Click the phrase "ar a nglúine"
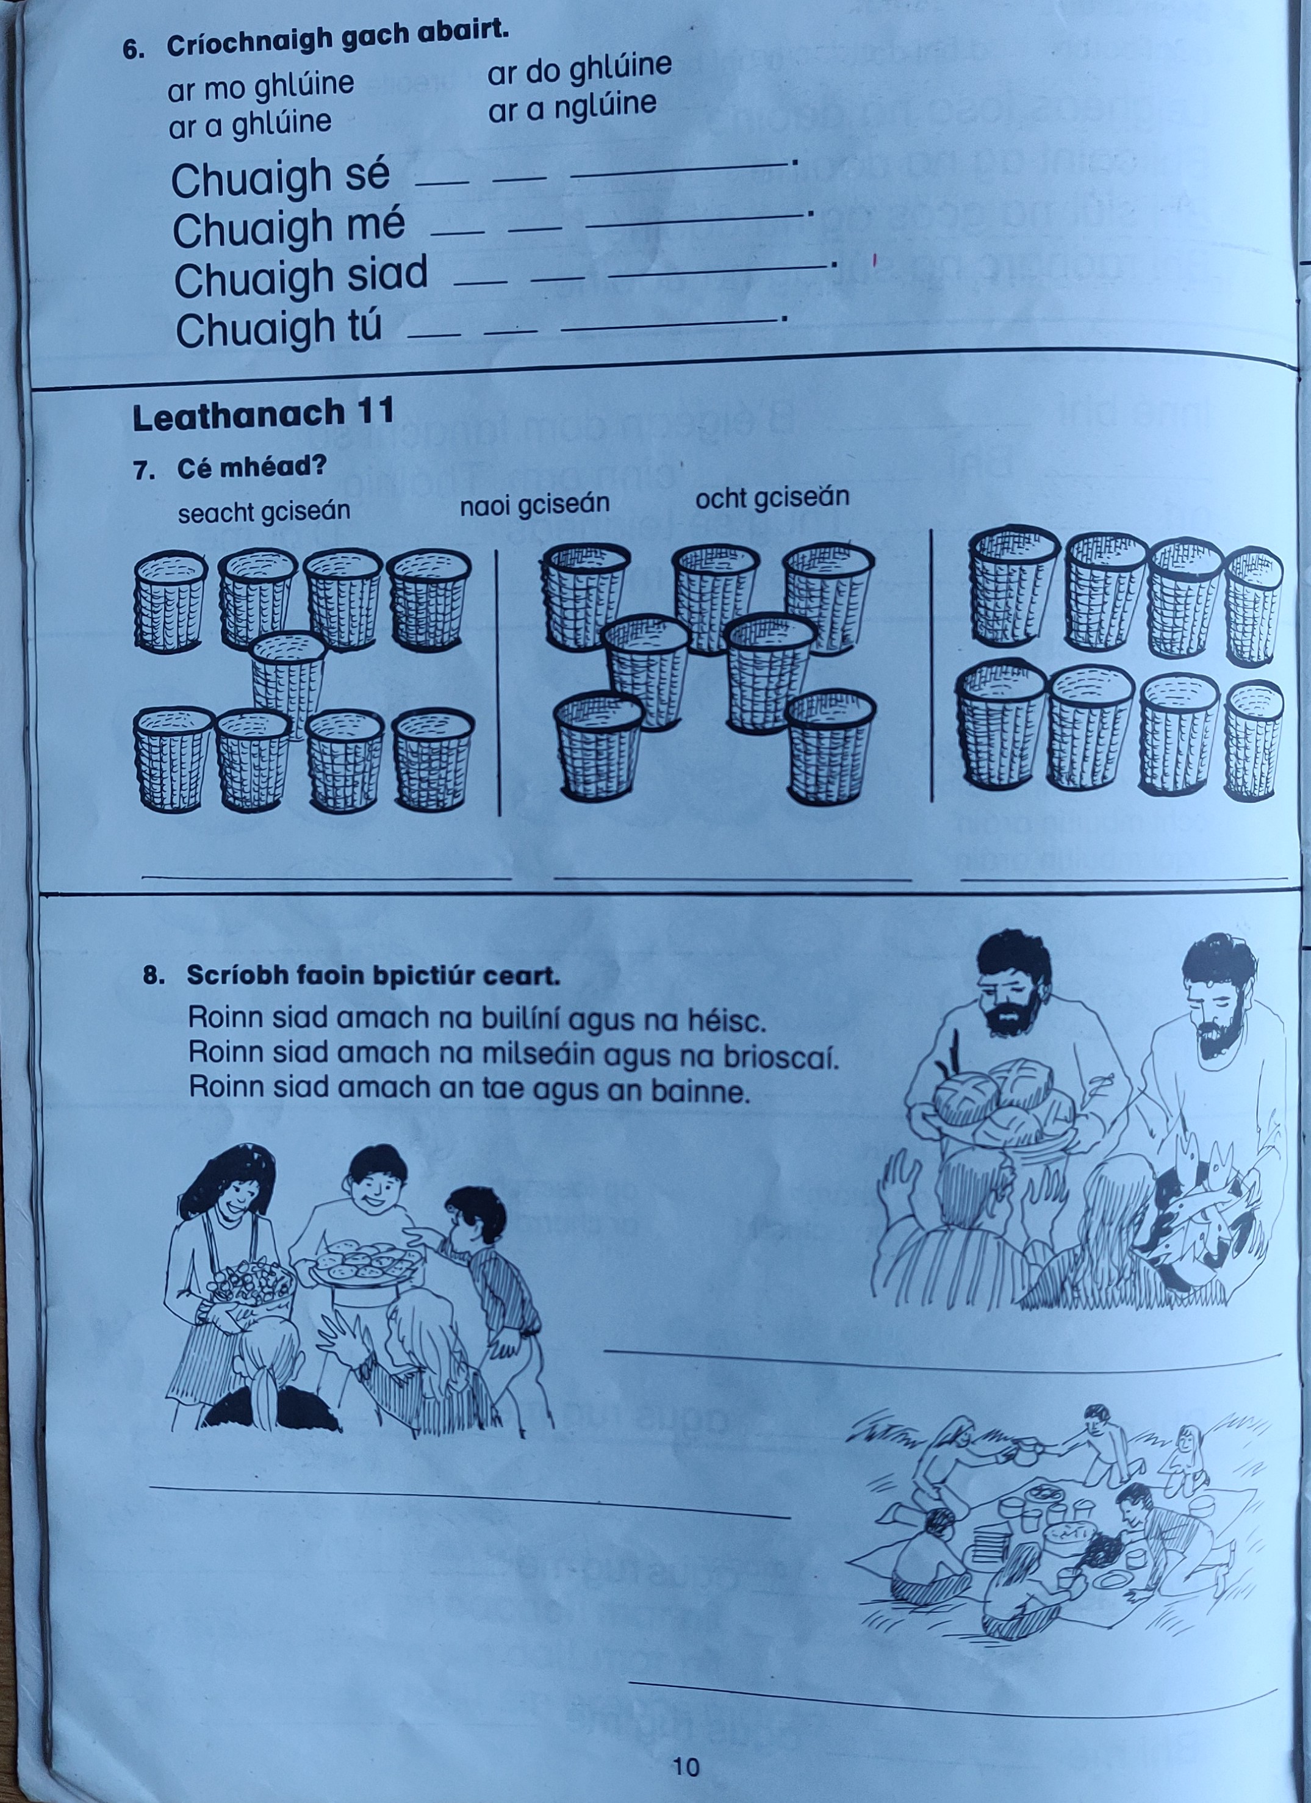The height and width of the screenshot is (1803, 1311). [x=572, y=107]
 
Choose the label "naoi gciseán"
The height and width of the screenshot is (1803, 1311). [x=534, y=504]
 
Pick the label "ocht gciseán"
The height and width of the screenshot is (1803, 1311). [x=772, y=498]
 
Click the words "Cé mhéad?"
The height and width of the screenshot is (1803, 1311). [x=251, y=467]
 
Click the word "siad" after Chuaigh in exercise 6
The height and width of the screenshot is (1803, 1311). [x=390, y=275]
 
